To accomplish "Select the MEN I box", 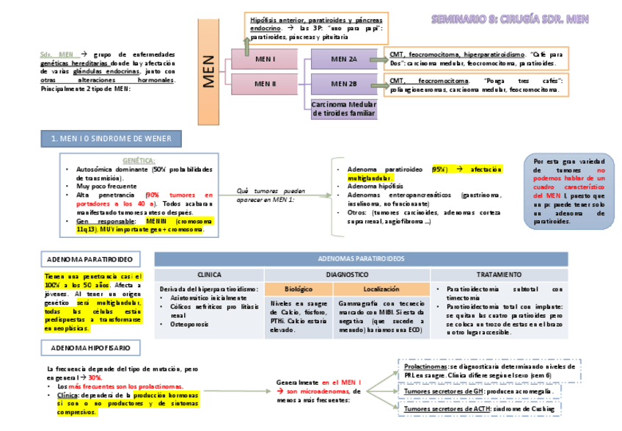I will coord(265,59).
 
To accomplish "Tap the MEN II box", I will coord(265,83).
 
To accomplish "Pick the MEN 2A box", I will coord(344,59).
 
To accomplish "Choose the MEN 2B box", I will coord(344,83).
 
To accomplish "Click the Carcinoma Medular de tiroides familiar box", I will coord(344,109).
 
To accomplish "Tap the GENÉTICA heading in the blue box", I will coord(139,160).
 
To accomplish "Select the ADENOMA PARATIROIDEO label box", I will coord(89,259).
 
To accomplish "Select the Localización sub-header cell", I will coord(381,289).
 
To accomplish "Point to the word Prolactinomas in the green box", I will coord(425,366).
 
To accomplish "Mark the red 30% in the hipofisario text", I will coord(95,377).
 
